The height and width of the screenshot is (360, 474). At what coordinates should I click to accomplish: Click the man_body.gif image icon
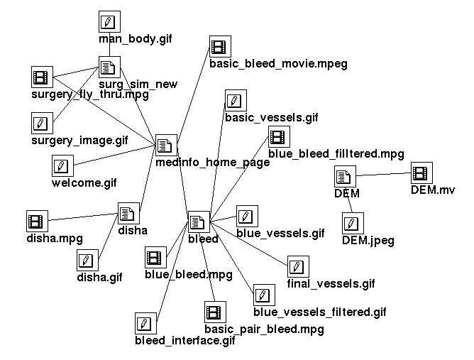[108, 21]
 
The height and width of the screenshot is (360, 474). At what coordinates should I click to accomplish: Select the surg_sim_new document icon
[108, 67]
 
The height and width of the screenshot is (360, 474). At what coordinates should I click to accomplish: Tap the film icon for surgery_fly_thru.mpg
[42, 77]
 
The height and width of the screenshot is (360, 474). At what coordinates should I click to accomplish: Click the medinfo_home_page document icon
[165, 146]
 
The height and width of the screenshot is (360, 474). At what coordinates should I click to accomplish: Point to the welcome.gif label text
[84, 184]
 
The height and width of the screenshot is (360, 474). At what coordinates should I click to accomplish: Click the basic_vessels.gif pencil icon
[234, 100]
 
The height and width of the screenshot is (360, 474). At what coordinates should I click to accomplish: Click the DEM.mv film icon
[421, 173]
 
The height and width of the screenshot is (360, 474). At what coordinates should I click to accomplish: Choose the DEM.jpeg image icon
[351, 224]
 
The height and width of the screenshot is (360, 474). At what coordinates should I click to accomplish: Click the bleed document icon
[198, 222]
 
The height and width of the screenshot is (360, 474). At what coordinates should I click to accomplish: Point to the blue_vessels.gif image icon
[246, 216]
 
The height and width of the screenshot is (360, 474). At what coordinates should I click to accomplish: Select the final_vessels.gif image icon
[297, 267]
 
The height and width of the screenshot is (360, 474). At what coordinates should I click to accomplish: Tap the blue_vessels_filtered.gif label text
[319, 312]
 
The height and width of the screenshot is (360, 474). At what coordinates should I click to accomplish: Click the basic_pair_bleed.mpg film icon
[214, 312]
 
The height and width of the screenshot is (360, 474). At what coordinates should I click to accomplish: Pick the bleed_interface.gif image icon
[145, 323]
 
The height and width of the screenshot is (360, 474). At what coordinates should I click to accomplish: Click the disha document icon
[128, 213]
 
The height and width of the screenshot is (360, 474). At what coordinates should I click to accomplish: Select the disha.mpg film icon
[36, 221]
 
